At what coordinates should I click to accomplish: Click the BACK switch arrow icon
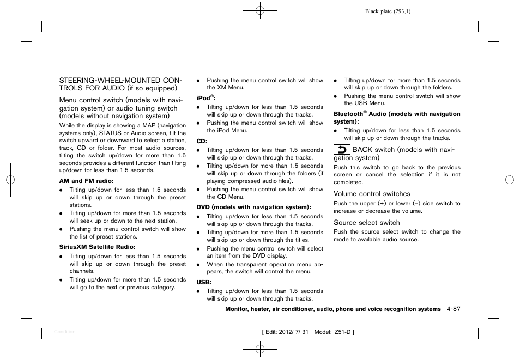[x=342, y=150]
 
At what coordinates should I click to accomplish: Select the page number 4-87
[x=452, y=309]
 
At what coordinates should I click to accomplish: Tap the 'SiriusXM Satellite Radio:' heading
[x=97, y=247]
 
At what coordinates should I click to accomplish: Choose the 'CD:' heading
[x=202, y=141]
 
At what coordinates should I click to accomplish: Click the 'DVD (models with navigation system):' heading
[x=253, y=207]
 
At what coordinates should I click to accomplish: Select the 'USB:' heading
[x=204, y=282]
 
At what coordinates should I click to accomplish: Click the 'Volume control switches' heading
[x=372, y=194]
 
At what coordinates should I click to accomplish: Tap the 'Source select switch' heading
[x=366, y=223]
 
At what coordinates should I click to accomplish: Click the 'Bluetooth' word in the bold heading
[x=348, y=114]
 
